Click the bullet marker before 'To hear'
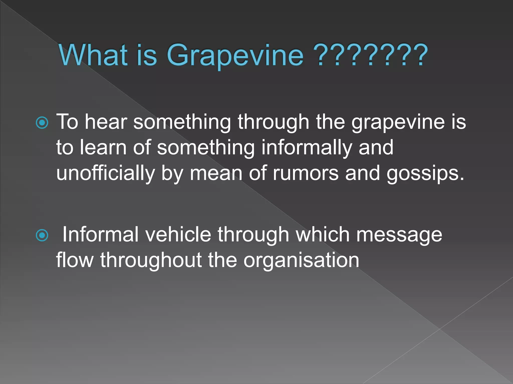tap(42, 123)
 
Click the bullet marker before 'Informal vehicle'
tap(42, 235)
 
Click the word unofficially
tap(105, 173)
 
